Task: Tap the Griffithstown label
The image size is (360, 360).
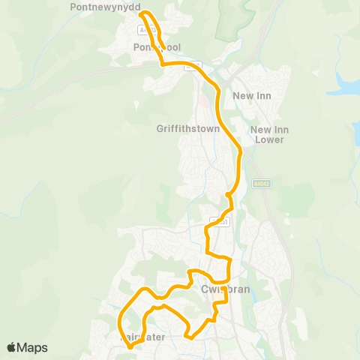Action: tap(187, 128)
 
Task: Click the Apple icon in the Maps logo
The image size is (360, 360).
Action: tap(12, 346)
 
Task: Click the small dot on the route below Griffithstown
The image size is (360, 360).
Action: tap(227, 196)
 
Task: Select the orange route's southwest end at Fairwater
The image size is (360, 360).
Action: tap(130, 346)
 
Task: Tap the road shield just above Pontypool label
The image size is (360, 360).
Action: tap(142, 29)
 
